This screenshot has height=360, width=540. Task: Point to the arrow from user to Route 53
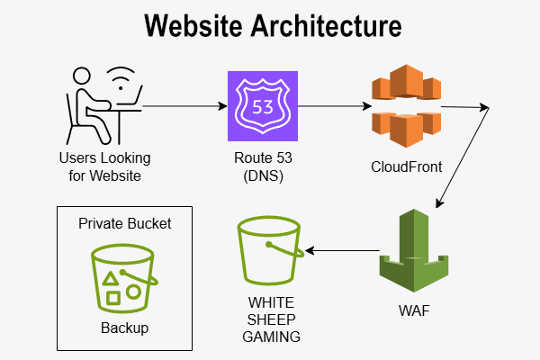click(184, 106)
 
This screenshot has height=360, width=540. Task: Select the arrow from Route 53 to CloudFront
click(333, 106)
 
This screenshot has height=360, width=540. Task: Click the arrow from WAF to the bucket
click(342, 251)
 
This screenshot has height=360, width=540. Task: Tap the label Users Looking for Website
click(105, 166)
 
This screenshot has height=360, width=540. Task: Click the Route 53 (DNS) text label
click(261, 166)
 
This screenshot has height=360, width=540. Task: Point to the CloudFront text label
click(405, 167)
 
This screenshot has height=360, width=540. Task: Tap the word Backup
click(124, 328)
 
